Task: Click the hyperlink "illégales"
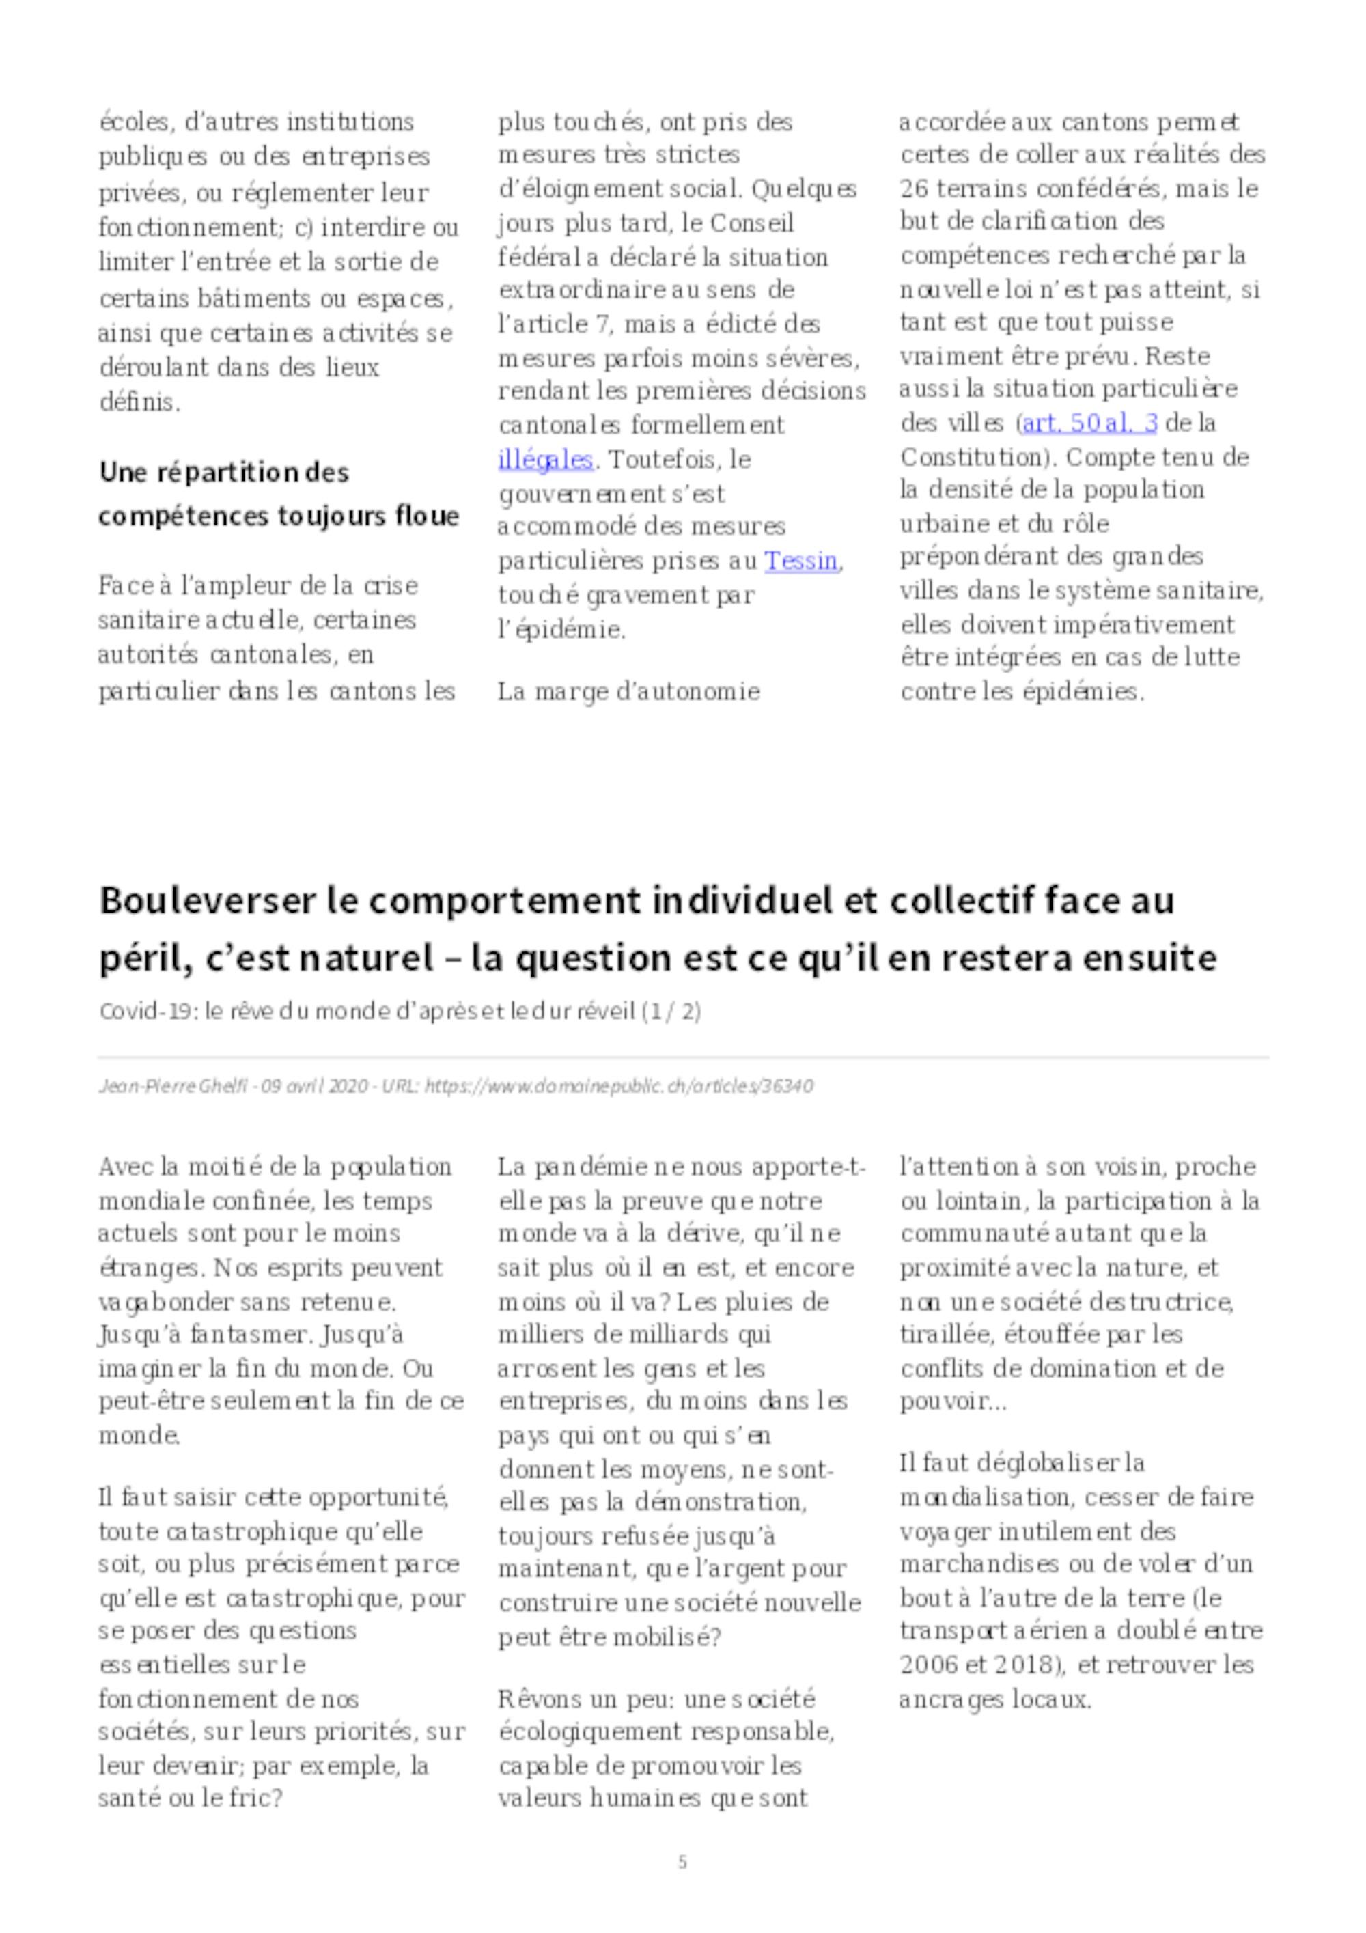click(546, 460)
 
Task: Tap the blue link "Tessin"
click(801, 561)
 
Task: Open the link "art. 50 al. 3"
click(1089, 423)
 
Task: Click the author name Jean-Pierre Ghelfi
click(173, 1086)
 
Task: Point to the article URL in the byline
click(619, 1086)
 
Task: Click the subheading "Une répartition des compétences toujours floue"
click(278, 493)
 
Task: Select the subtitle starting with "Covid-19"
click(400, 1011)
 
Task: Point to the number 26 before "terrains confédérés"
click(914, 188)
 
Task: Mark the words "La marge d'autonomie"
click(629, 692)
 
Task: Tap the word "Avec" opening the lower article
click(126, 1167)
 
